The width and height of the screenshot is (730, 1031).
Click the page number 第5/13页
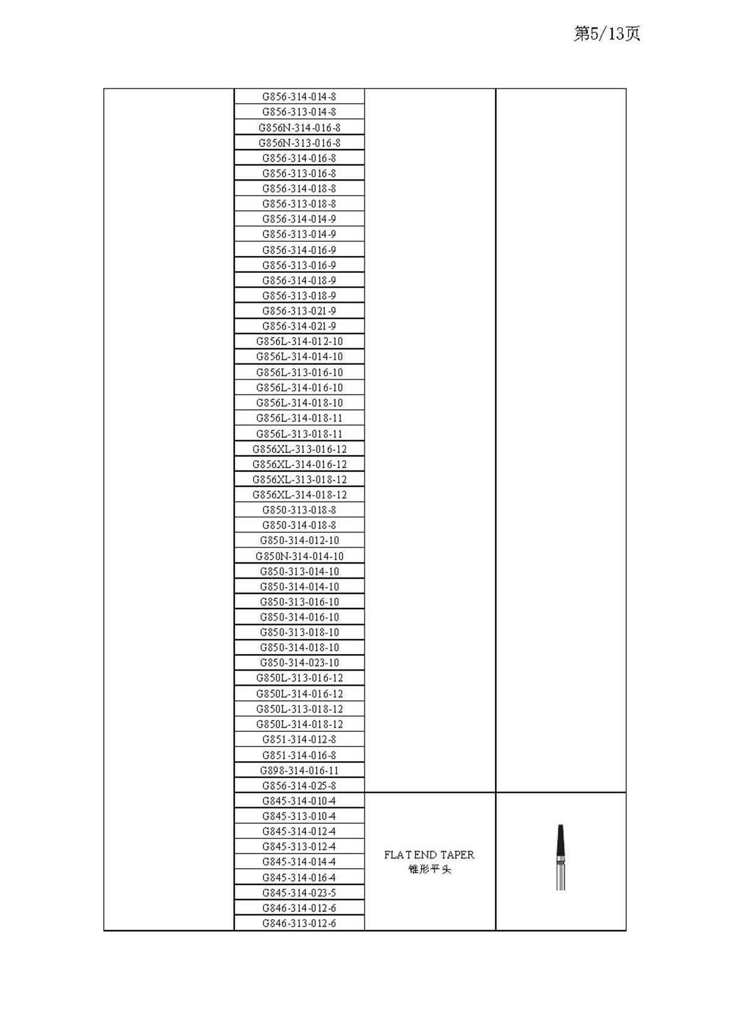click(x=607, y=34)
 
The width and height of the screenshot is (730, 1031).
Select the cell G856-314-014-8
click(x=299, y=97)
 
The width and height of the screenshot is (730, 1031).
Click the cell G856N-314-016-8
click(x=299, y=128)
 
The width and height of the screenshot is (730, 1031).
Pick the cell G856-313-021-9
click(x=299, y=311)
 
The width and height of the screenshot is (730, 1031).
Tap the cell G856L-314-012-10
click(x=299, y=342)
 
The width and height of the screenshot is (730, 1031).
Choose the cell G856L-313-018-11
click(x=299, y=434)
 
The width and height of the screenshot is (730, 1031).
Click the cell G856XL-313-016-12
click(x=299, y=449)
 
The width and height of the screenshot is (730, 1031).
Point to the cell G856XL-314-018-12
click(x=299, y=495)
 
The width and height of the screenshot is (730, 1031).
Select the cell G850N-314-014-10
click(x=299, y=556)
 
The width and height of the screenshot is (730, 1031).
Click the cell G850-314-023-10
click(x=299, y=663)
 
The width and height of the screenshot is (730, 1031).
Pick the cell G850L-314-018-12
click(x=299, y=724)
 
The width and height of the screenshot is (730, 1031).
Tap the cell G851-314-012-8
click(x=299, y=739)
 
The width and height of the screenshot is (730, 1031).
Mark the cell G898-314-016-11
click(x=299, y=770)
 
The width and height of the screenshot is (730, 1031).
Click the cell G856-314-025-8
click(x=299, y=785)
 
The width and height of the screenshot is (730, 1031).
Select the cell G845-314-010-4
click(x=299, y=801)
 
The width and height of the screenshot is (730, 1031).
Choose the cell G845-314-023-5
click(x=299, y=892)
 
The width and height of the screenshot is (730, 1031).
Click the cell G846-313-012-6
click(x=299, y=923)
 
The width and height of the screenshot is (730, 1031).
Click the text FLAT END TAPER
click(x=429, y=855)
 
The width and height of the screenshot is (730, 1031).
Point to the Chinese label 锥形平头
click(x=429, y=869)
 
